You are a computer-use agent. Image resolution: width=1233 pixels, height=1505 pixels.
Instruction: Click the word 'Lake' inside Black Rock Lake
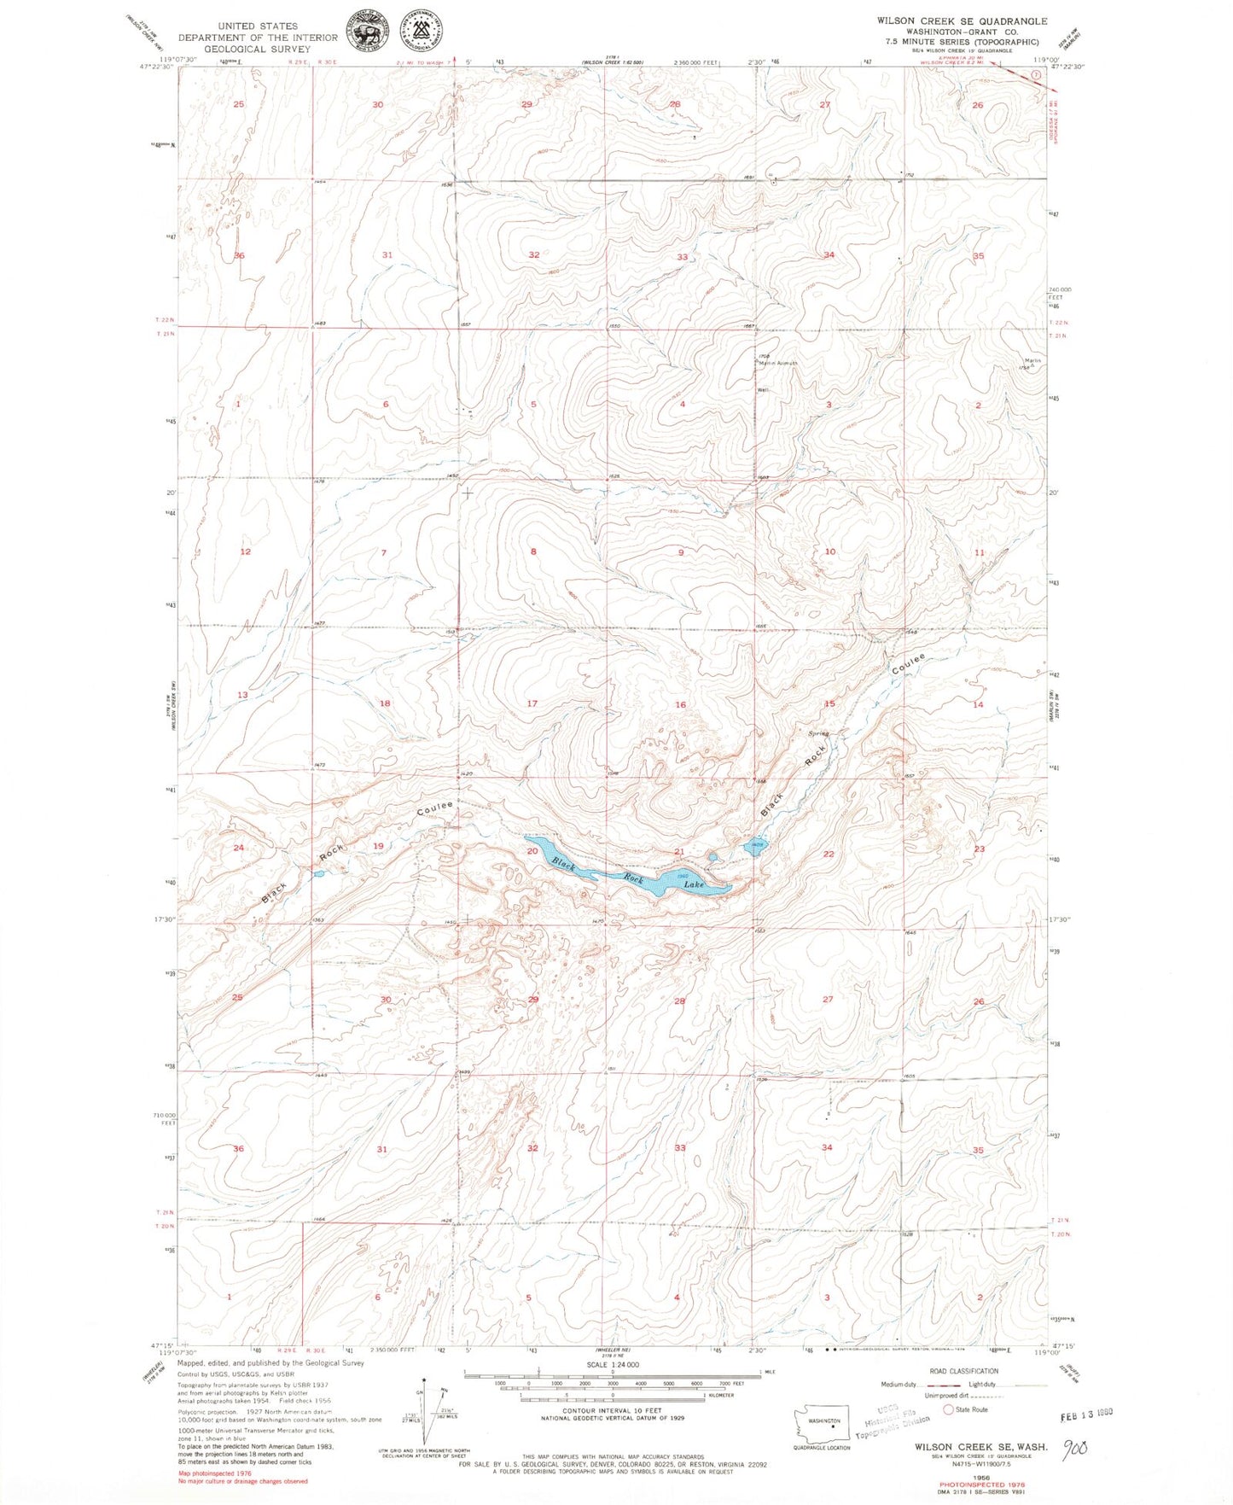pyautogui.click(x=694, y=884)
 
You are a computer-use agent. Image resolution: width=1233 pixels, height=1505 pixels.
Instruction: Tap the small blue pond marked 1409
pyautogui.click(x=757, y=845)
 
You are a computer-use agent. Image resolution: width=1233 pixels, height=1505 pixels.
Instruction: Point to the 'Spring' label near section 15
pyautogui.click(x=817, y=733)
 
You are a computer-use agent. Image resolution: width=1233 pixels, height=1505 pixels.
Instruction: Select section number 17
pyautogui.click(x=532, y=703)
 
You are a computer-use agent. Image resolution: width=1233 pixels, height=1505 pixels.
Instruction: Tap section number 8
pyautogui.click(x=533, y=551)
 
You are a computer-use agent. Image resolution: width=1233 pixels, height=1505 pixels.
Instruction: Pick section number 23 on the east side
pyautogui.click(x=980, y=849)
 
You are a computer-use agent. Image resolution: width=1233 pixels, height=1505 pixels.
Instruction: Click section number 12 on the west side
pyautogui.click(x=245, y=551)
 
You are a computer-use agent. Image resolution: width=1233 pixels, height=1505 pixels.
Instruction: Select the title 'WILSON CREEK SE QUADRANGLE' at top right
pyautogui.click(x=950, y=20)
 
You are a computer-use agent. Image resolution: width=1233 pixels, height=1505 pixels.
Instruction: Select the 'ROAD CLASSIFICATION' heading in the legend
pyautogui.click(x=963, y=1371)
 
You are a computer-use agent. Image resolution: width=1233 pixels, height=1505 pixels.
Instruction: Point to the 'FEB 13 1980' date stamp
pyautogui.click(x=1086, y=1415)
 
